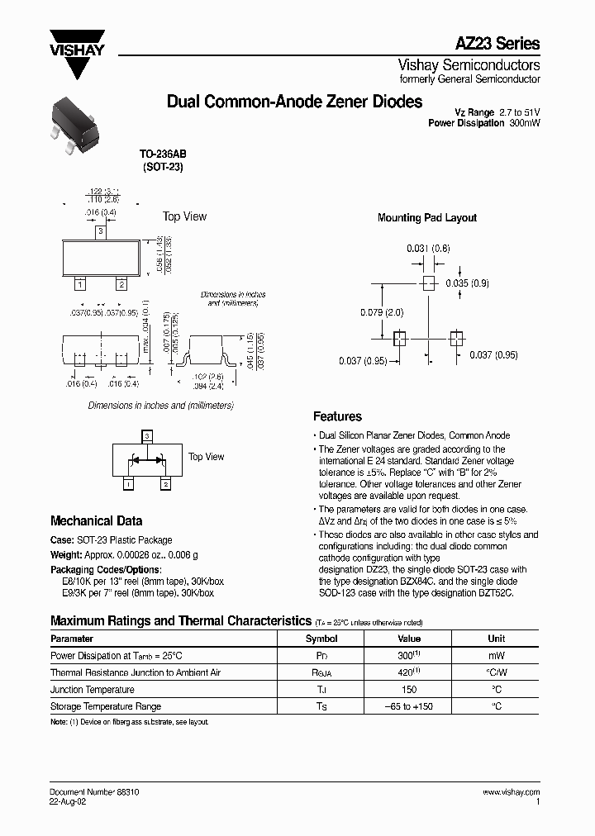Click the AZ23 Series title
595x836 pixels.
(498, 44)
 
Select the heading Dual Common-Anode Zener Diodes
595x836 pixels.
(294, 102)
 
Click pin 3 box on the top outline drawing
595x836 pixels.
(101, 232)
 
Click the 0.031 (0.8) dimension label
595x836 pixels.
(428, 248)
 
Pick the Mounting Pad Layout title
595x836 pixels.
(426, 218)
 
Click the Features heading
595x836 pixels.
(337, 417)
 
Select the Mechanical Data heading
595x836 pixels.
(96, 521)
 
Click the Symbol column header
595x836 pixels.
(321, 639)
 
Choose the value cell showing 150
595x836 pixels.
(409, 690)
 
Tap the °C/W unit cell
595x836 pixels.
(497, 672)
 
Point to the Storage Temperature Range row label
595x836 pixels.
(106, 706)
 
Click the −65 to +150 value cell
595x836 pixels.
(409, 706)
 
